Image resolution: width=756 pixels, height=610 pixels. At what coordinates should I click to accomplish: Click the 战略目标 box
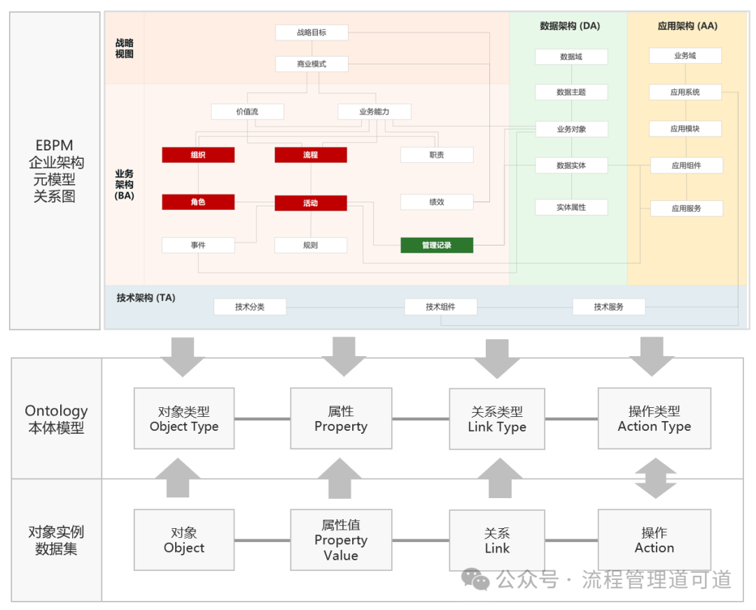(x=311, y=32)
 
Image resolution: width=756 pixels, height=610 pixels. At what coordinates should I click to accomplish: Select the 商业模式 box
(x=311, y=64)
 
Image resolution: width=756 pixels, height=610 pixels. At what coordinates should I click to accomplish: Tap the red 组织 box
(x=198, y=155)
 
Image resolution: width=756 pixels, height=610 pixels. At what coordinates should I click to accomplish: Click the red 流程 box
(x=311, y=155)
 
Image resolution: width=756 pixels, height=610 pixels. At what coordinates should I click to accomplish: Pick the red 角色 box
(x=198, y=202)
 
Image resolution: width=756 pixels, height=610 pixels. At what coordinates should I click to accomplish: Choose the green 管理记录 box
(x=437, y=246)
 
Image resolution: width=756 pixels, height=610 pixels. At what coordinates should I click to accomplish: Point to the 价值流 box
(x=247, y=111)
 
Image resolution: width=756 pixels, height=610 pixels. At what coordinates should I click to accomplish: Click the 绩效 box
(x=437, y=202)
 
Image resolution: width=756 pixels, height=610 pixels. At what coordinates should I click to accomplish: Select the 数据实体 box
(x=571, y=166)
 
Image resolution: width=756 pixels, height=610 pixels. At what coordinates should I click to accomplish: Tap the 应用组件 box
(x=686, y=166)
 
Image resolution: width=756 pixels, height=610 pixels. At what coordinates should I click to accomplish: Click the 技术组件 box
(x=440, y=306)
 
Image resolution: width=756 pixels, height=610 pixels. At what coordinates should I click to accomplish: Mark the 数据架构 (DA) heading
(x=570, y=27)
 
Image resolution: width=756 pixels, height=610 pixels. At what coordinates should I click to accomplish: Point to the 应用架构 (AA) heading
(x=687, y=27)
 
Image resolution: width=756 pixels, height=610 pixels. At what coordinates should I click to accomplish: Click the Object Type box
(x=184, y=419)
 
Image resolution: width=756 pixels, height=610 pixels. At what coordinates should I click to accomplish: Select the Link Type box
(x=497, y=419)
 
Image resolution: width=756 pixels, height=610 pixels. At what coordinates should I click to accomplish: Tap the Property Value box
(x=341, y=540)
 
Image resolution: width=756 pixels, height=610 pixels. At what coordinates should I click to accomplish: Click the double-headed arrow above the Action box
(x=654, y=478)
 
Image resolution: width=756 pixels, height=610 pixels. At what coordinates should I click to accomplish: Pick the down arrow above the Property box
(x=341, y=355)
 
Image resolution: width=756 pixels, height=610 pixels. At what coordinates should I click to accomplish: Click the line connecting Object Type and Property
(x=262, y=419)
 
